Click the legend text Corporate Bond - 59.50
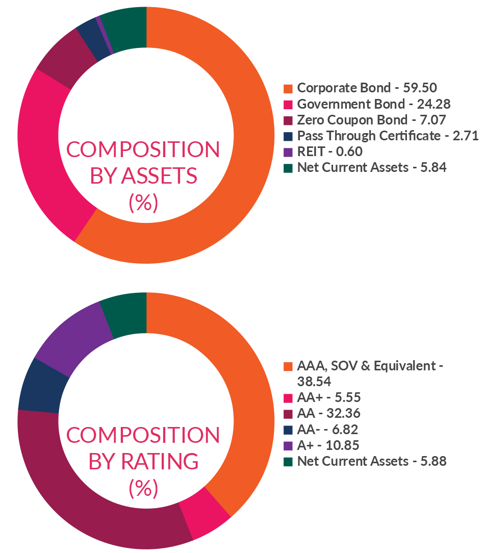pyautogui.click(x=367, y=88)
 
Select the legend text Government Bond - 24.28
pyautogui.click(x=374, y=104)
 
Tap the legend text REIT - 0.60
pyautogui.click(x=329, y=152)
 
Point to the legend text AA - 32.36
pyautogui.click(x=331, y=413)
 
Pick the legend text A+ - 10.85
pyautogui.click(x=328, y=445)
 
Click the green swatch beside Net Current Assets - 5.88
pyautogui.click(x=288, y=462)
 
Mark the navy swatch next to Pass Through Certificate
pyautogui.click(x=288, y=136)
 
